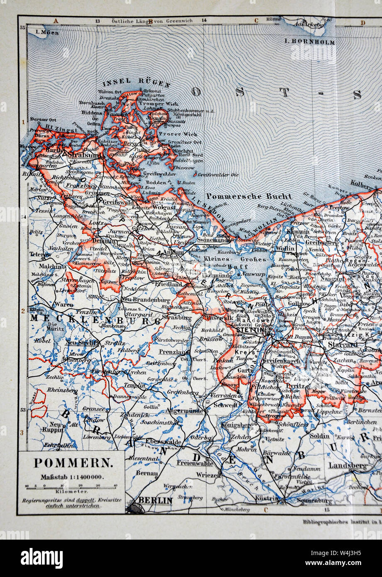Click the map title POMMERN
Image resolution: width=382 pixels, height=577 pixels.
pos(72,462)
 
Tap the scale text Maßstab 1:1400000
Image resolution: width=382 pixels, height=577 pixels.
pos(71,477)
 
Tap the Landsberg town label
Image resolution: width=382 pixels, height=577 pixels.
pos(348,466)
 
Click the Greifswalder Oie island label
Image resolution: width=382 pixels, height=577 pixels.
pos(218,175)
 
